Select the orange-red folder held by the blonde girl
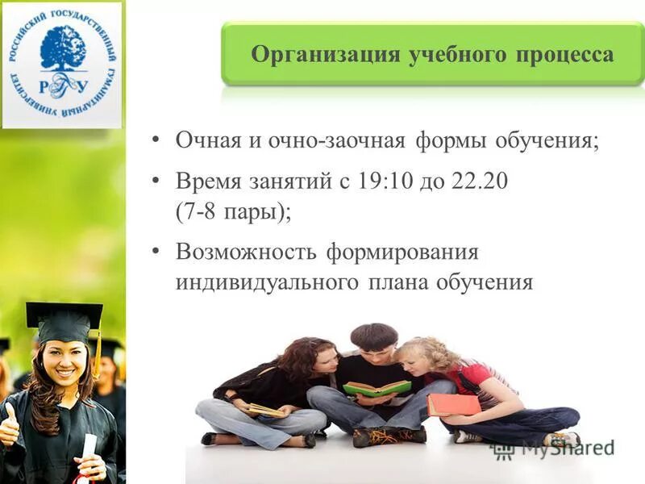(x=453, y=403)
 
